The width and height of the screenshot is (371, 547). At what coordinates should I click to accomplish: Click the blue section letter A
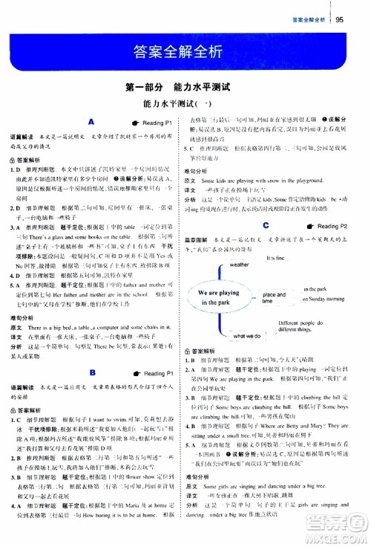tap(90, 120)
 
